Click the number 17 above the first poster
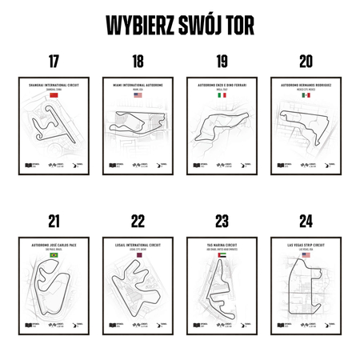click(54, 62)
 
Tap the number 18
click(138, 62)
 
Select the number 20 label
click(306, 62)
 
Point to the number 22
click(138, 221)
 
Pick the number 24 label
click(306, 221)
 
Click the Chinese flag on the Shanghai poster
click(54, 95)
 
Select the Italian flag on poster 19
click(222, 95)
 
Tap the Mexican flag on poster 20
click(306, 95)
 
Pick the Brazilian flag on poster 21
click(54, 254)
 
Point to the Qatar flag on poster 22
click(138, 254)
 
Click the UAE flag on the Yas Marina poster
click(222, 254)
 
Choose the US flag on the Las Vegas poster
click(306, 254)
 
